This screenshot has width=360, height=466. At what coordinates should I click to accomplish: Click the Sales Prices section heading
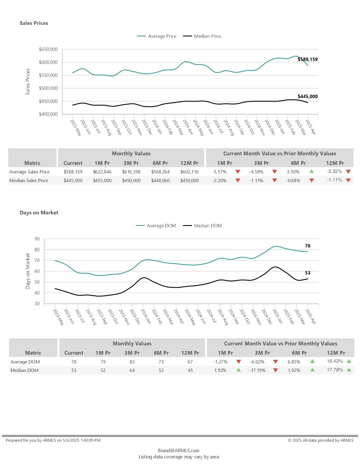[34, 23]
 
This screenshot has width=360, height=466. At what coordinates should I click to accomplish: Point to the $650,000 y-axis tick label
[48, 49]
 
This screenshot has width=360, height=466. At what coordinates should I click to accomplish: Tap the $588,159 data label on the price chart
[307, 59]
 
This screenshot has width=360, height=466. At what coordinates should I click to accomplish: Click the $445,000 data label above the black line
[307, 96]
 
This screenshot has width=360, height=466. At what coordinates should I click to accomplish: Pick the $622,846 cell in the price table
[102, 172]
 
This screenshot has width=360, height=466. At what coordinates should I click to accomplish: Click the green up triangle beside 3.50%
[312, 171]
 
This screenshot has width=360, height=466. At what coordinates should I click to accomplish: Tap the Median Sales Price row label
[29, 180]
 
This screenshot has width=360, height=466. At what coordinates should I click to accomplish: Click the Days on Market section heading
[39, 213]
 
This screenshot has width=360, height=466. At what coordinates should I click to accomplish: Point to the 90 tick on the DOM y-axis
[37, 239]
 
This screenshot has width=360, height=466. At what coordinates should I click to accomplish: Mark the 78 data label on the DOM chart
[307, 246]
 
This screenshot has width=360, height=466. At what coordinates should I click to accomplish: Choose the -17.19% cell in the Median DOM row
[257, 370]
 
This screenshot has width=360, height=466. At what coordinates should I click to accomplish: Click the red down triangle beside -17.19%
[276, 370]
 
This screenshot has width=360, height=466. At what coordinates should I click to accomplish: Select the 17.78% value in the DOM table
[335, 370]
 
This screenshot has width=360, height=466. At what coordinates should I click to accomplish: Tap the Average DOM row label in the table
[25, 362]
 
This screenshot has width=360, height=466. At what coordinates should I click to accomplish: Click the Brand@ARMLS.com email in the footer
[179, 450]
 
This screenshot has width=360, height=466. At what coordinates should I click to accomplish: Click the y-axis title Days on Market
[28, 271]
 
